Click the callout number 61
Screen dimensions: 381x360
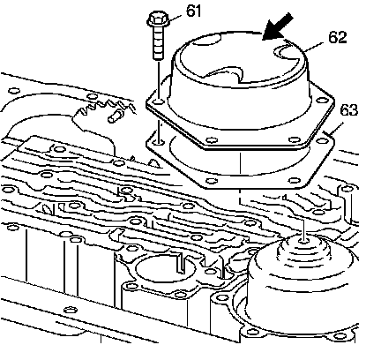click(x=193, y=11)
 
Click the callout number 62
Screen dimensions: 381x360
click(x=337, y=37)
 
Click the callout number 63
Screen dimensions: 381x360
click(x=348, y=110)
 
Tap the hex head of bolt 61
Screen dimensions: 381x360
click(x=156, y=19)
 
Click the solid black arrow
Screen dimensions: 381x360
click(x=277, y=27)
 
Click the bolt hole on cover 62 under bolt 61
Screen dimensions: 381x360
click(x=159, y=102)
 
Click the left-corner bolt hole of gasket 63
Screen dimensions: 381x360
click(x=159, y=143)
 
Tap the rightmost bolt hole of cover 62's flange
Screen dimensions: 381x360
click(x=323, y=100)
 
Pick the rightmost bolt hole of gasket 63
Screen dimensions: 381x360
click(x=323, y=141)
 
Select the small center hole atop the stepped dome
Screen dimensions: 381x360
click(x=303, y=241)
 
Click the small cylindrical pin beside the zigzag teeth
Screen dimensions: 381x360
click(x=115, y=116)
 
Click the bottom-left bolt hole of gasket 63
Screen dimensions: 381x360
click(x=213, y=181)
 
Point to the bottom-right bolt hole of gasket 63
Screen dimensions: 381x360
click(x=295, y=180)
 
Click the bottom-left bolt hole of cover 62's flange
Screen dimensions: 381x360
click(x=212, y=139)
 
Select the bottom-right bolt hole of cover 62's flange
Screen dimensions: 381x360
click(x=294, y=139)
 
